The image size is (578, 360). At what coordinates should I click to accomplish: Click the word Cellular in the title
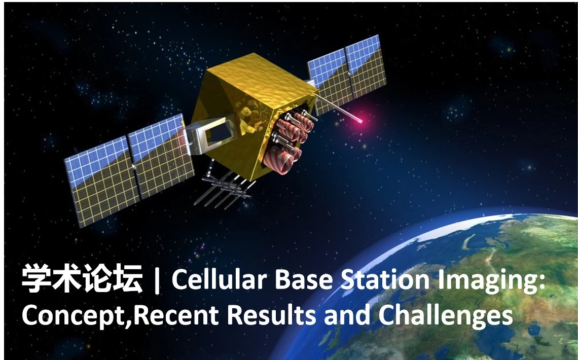[x=218, y=279]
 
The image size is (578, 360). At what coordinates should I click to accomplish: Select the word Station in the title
[x=385, y=279]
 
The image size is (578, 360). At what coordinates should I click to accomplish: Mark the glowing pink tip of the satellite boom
[x=359, y=120]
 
